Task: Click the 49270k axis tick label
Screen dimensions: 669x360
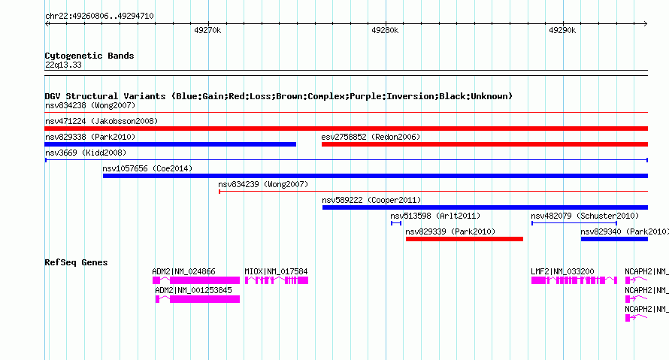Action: tap(207, 30)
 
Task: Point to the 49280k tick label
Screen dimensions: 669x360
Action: tap(385, 30)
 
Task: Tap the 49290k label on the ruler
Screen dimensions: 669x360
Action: tap(562, 30)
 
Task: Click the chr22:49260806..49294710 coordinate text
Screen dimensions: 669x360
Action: tap(99, 17)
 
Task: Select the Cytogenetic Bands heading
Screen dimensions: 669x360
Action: tap(89, 56)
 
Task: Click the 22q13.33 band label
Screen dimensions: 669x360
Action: tap(63, 65)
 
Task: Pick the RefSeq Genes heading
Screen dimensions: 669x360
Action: tap(76, 262)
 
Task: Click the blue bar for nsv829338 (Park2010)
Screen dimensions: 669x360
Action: tap(170, 144)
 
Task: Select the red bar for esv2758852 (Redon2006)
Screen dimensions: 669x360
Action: tap(485, 144)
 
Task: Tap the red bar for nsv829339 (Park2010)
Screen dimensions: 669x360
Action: tap(465, 239)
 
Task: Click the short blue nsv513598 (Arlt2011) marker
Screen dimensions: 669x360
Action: tap(396, 223)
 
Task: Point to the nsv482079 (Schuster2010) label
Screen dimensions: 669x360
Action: tap(585, 216)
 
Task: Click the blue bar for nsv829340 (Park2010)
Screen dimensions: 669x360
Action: tap(614, 239)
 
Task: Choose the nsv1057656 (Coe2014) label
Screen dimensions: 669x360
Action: tap(147, 168)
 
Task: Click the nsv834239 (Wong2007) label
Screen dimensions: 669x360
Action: tap(263, 184)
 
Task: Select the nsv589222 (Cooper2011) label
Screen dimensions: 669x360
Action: tap(371, 200)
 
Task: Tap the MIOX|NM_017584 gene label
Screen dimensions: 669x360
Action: tap(276, 271)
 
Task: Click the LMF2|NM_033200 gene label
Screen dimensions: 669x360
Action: tap(562, 271)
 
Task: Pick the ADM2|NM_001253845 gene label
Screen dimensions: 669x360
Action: tap(193, 290)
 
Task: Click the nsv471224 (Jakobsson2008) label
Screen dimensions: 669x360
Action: tap(101, 121)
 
